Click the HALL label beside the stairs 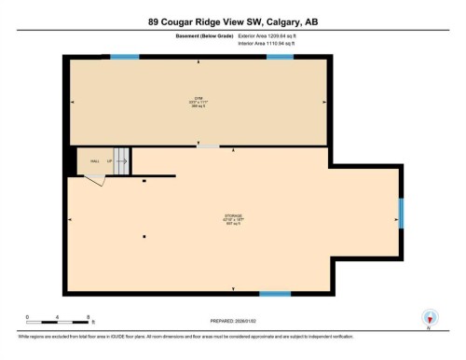tap(95, 161)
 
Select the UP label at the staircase tap(109, 161)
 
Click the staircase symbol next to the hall tap(121, 160)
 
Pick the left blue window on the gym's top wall tap(124, 58)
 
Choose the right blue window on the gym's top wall tap(280, 58)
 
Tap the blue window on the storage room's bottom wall tap(274, 295)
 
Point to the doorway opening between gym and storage tap(207, 146)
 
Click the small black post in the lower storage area tap(144, 237)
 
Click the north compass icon tap(428, 316)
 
